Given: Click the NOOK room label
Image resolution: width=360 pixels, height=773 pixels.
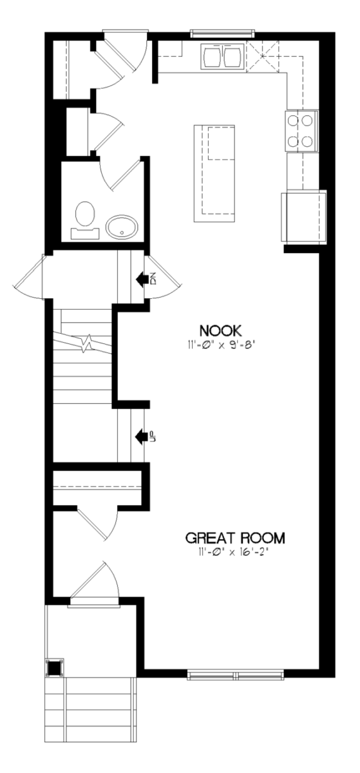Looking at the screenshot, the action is pyautogui.click(x=220, y=331).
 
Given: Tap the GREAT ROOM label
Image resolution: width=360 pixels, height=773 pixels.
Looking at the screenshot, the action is pyautogui.click(x=236, y=538).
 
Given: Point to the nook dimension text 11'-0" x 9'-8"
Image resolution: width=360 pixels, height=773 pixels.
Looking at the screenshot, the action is pyautogui.click(x=222, y=345).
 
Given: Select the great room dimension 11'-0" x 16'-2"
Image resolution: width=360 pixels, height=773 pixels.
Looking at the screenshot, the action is pyautogui.click(x=233, y=552).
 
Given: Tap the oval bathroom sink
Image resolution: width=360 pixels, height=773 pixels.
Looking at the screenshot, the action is pyautogui.click(x=122, y=227).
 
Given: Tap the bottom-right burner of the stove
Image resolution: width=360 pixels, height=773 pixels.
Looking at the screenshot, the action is pyautogui.click(x=308, y=141).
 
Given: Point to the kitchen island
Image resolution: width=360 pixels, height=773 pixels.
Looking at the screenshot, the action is pyautogui.click(x=214, y=173).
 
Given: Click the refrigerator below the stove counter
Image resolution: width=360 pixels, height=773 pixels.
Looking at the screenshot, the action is pyautogui.click(x=304, y=216).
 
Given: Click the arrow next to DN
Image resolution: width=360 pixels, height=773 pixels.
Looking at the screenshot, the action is pyautogui.click(x=142, y=278).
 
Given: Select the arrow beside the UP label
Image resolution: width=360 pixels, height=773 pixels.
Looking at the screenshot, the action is pyautogui.click(x=141, y=437).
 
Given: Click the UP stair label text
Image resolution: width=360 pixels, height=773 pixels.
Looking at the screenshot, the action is pyautogui.click(x=153, y=437).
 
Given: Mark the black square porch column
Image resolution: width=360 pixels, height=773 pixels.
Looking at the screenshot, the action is pyautogui.click(x=55, y=668).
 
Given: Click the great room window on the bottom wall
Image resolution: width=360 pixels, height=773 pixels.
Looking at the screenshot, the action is pyautogui.click(x=236, y=675).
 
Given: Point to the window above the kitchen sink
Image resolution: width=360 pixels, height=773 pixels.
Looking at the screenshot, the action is pyautogui.click(x=222, y=33).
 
